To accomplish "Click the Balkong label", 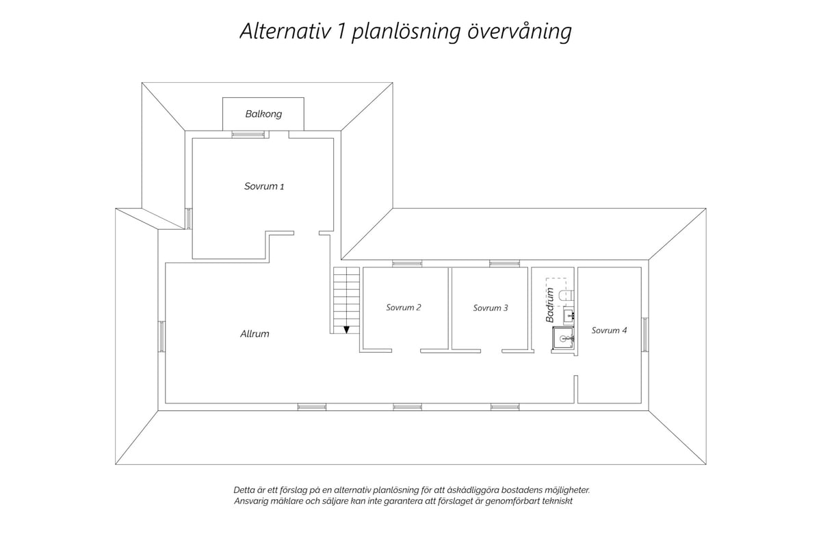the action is click(x=263, y=114).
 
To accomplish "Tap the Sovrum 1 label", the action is click(x=264, y=186).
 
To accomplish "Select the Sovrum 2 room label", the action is click(x=403, y=308).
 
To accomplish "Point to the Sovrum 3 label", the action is click(x=491, y=308).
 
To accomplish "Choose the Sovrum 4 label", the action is click(x=609, y=330).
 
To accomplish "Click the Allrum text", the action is click(x=255, y=334).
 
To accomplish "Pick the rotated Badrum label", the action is click(x=550, y=305).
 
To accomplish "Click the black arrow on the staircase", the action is click(x=346, y=330).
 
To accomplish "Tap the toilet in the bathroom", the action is click(x=566, y=295).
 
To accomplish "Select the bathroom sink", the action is click(x=569, y=315).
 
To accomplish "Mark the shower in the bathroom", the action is click(x=563, y=338).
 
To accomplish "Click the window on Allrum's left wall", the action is click(x=161, y=336).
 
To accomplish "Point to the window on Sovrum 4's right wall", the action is click(x=645, y=334).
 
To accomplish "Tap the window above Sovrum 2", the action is click(x=407, y=263).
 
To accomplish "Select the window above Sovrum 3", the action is click(x=505, y=263).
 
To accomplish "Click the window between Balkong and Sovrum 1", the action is click(x=248, y=135).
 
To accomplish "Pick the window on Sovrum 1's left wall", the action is click(x=188, y=218).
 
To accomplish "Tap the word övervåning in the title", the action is click(x=519, y=32).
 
